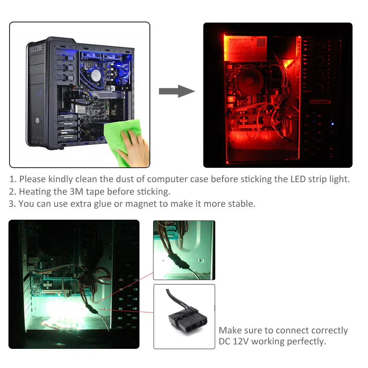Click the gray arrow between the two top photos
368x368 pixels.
pyautogui.click(x=176, y=91)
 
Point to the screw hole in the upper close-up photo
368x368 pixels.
pyautogui.click(x=200, y=260)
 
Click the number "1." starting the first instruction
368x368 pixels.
pyautogui.click(x=13, y=179)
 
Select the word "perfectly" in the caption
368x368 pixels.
pyautogui.click(x=307, y=341)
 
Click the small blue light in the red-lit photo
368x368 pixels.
pyautogui.click(x=332, y=123)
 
